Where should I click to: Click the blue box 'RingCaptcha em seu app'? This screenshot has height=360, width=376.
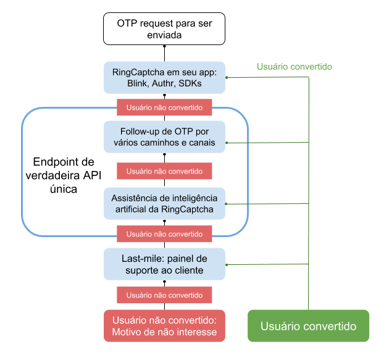tap(164, 77)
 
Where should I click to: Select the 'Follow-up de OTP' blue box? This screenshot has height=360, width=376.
tap(164, 136)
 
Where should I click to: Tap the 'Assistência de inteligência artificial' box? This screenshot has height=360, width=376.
tap(164, 203)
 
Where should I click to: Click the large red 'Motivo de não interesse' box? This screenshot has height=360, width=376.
tap(164, 325)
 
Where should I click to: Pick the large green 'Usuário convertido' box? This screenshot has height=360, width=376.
tap(308, 325)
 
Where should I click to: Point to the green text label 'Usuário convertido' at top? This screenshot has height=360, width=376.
tap(295, 66)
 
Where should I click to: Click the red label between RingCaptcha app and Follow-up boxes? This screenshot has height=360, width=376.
tap(164, 107)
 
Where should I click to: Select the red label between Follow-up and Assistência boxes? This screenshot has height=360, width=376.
tap(164, 170)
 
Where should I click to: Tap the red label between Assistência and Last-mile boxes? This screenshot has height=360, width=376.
tap(164, 234)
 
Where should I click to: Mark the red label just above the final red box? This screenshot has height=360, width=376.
tap(164, 295)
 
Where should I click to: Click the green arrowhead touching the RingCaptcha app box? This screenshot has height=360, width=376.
tap(227, 77)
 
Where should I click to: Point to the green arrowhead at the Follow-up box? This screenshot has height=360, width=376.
tap(227, 143)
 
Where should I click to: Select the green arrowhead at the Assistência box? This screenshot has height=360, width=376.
tap(227, 204)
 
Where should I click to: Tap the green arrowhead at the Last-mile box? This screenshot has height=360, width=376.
tap(227, 266)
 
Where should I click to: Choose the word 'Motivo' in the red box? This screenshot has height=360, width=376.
tap(127, 333)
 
